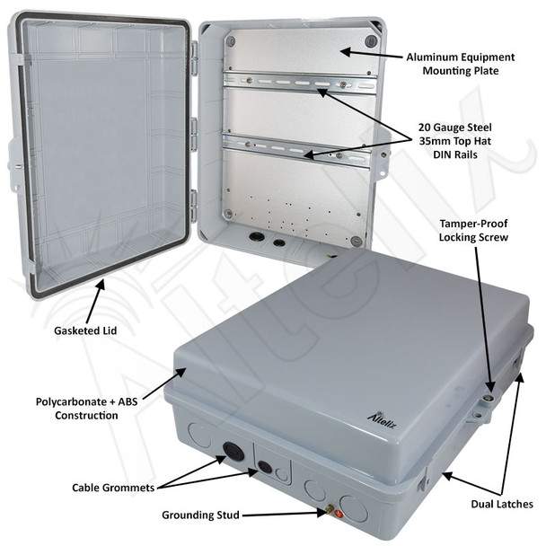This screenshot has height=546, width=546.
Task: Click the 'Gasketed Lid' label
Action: point(85,330)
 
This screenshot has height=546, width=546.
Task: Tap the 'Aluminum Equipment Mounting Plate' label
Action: point(461,64)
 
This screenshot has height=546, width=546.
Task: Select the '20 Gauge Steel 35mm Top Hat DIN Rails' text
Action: point(455,141)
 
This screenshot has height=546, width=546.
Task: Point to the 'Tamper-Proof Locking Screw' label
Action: point(473,230)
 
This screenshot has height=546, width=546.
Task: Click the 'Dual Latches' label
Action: point(502,504)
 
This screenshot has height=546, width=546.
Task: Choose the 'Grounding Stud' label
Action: point(200,515)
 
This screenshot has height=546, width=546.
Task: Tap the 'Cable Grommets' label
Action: point(113,488)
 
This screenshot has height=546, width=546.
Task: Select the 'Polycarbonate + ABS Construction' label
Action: point(87,409)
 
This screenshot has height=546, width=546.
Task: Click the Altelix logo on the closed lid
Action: point(382,419)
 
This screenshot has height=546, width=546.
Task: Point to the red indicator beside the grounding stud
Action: point(339,514)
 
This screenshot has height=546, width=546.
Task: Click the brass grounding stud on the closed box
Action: point(329,510)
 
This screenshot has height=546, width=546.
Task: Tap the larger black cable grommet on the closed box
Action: point(233,452)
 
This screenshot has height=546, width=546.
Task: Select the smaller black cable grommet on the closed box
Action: point(265,467)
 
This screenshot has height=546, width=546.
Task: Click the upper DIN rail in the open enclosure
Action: point(300,84)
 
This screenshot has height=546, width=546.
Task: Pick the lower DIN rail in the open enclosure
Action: point(296,150)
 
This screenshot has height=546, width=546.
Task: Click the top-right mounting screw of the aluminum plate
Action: point(371,41)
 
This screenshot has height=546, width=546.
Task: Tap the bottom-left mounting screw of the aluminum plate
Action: point(228,213)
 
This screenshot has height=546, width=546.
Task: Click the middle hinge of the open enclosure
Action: point(194,132)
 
